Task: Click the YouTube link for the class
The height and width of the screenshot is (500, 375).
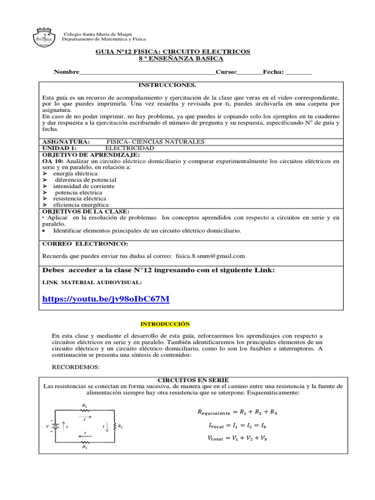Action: coord(105,299)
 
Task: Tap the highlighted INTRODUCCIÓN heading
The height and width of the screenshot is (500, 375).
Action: coord(165,324)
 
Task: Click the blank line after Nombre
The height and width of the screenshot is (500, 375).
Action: coord(147,72)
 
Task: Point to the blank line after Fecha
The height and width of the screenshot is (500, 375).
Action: coord(298,72)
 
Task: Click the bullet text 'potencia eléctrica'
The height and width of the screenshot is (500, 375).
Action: coord(78,192)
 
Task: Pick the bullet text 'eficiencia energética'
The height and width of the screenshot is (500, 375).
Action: coord(81,205)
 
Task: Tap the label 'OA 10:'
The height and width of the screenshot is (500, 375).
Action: coord(53,161)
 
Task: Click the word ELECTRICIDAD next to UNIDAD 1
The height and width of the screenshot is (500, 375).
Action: coord(130,148)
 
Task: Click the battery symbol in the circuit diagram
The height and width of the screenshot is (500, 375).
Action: coord(56,426)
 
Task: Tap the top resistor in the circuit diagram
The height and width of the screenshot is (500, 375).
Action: coord(85,411)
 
